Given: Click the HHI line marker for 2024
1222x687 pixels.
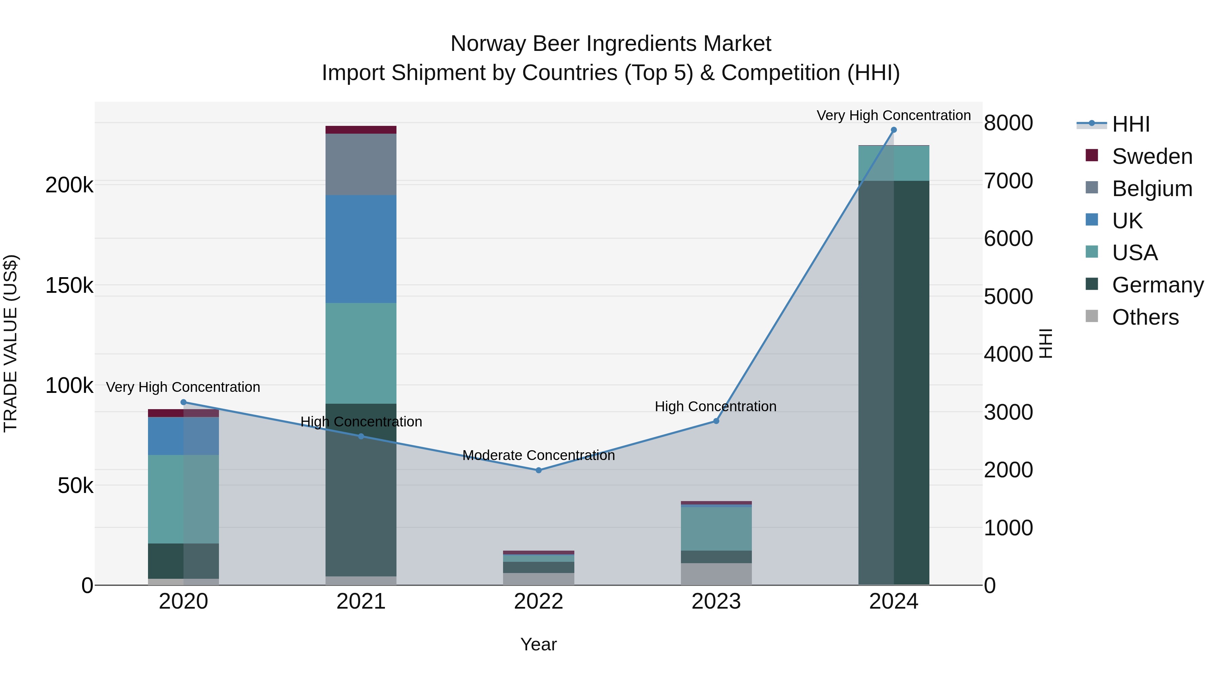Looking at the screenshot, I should point(894,130).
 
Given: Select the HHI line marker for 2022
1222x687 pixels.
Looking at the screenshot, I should point(538,470).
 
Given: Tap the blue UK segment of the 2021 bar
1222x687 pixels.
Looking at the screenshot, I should point(361,249).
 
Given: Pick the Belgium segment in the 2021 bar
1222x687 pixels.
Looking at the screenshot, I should point(361,164).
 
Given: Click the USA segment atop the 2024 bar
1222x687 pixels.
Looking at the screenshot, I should point(894,163).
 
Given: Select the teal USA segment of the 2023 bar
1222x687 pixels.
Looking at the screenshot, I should point(716,529).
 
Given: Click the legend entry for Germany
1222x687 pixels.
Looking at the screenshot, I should point(1158,285).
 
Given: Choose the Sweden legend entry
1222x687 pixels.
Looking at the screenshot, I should point(1152,156).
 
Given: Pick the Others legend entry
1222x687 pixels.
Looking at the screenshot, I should point(1145,317).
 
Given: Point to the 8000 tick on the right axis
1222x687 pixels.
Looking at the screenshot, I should point(1008,123).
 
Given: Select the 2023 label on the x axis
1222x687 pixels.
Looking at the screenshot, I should point(716,602).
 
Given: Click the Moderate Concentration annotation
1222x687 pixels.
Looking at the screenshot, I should point(538,455).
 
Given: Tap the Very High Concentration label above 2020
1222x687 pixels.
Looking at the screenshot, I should point(183,387).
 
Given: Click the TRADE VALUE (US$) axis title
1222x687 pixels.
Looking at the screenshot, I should point(11,343).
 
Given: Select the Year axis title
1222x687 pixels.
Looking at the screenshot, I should point(538,644).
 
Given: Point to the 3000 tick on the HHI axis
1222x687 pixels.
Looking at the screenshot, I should point(1008,412).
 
